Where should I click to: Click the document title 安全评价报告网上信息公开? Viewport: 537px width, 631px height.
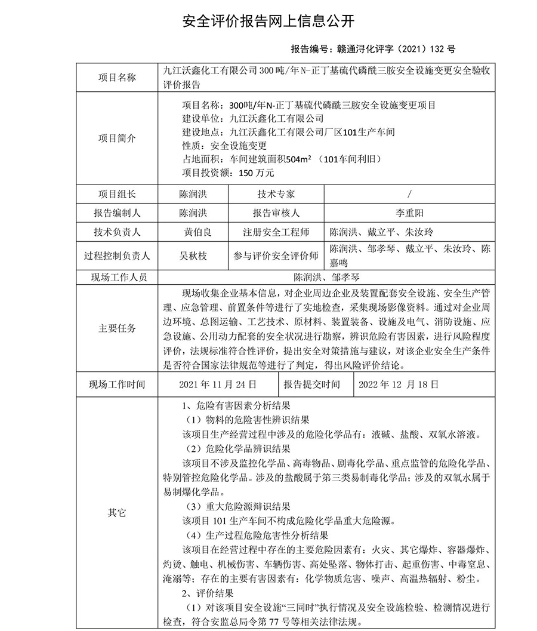point(268,21)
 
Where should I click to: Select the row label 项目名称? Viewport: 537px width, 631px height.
point(117,78)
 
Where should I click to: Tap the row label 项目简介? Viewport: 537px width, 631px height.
point(117,138)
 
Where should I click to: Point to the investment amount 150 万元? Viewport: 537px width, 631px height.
point(256,173)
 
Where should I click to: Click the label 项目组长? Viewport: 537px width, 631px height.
point(117,194)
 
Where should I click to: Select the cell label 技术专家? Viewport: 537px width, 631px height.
point(276,194)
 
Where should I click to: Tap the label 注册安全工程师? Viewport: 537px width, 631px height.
point(276,232)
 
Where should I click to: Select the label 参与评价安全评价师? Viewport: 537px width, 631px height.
point(276,256)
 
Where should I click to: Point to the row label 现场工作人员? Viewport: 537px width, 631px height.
point(117,277)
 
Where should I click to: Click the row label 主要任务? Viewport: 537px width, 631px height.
point(117,328)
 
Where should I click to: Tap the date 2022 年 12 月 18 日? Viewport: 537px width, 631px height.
point(399,384)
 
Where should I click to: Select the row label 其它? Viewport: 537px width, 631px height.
point(117,512)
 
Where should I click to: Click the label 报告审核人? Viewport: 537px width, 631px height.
point(276,213)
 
